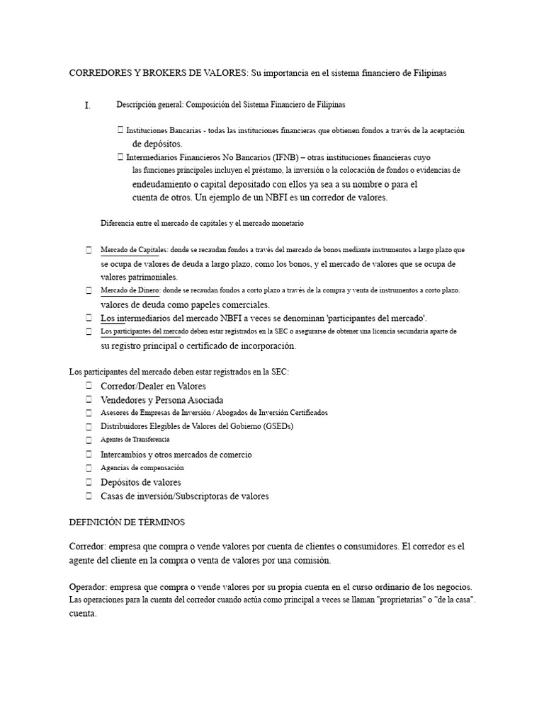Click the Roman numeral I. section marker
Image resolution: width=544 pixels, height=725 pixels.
pyautogui.click(x=87, y=106)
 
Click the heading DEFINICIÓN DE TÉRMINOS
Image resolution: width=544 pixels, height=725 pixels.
pyautogui.click(x=126, y=522)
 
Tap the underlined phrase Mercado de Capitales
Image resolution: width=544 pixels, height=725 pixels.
pyautogui.click(x=133, y=250)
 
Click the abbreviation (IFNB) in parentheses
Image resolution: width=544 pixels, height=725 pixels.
pyautogui.click(x=281, y=157)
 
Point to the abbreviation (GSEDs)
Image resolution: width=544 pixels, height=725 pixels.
pyautogui.click(x=277, y=426)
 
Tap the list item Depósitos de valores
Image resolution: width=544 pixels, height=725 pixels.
pyautogui.click(x=141, y=482)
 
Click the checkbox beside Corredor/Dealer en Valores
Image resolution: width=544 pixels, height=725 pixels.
pyautogui.click(x=89, y=386)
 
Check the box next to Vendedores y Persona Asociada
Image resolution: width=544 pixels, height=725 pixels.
pyautogui.click(x=89, y=400)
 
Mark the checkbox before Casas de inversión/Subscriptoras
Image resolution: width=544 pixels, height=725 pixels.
pyautogui.click(x=89, y=496)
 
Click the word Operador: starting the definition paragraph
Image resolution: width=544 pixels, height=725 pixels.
pyautogui.click(x=91, y=588)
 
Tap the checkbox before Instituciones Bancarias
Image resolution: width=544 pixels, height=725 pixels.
pyautogui.click(x=120, y=131)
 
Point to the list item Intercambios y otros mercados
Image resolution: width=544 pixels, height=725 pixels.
pyautogui.click(x=176, y=455)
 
